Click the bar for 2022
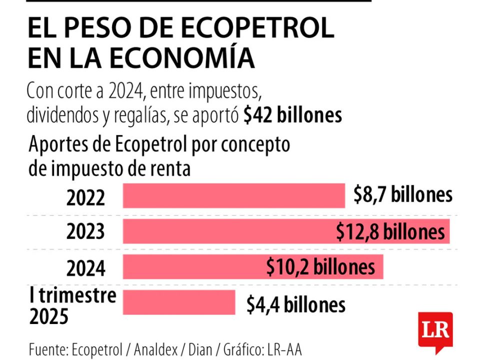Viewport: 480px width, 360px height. point(233,195)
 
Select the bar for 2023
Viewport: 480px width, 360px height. point(225,231)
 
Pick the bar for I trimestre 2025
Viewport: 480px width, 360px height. point(178,302)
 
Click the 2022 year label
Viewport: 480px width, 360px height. point(86,198)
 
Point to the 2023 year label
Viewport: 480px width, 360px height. point(86,232)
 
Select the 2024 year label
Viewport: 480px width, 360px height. point(86,269)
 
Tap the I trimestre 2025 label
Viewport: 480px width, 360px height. point(72,305)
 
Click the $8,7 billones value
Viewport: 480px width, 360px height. point(402,195)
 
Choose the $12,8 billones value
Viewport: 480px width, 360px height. point(390,231)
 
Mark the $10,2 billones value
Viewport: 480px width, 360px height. point(320,266)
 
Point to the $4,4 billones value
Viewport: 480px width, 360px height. point(295,304)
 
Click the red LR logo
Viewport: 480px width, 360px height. point(436,330)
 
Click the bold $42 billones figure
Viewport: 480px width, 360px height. point(293,115)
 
